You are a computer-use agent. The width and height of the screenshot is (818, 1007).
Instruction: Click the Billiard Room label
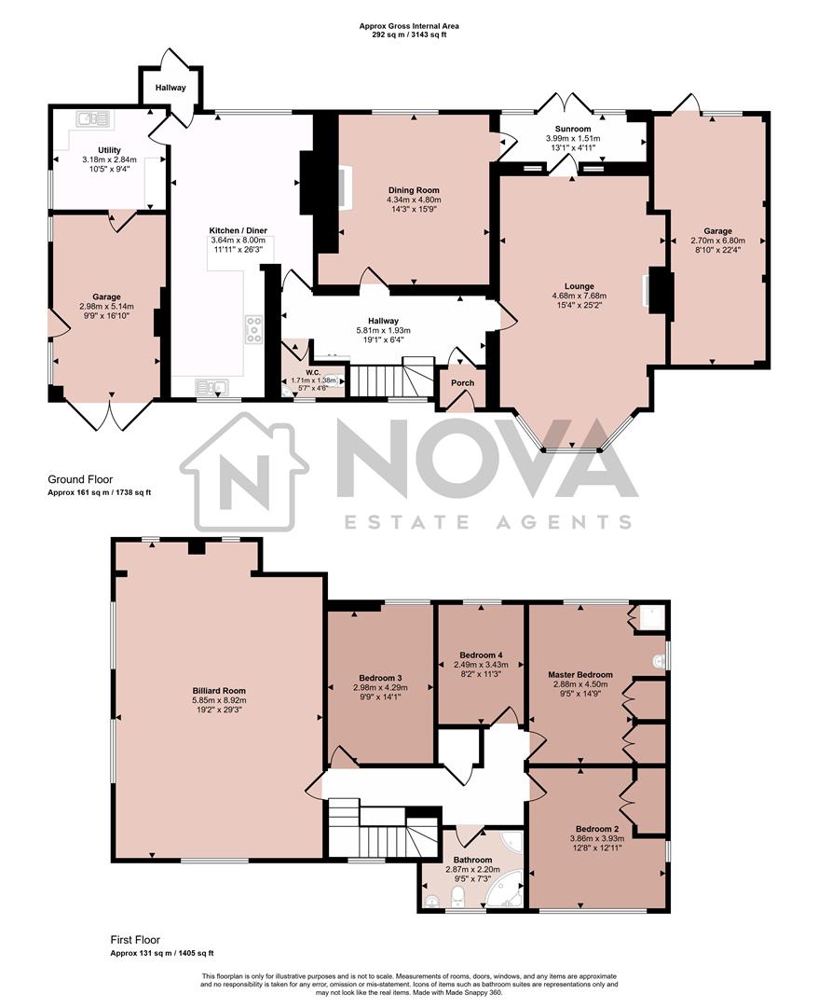click(220, 692)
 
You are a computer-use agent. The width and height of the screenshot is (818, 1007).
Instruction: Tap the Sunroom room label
click(573, 129)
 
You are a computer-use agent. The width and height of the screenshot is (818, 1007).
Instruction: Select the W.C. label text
click(313, 370)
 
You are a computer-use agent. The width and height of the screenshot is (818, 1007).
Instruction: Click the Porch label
click(462, 383)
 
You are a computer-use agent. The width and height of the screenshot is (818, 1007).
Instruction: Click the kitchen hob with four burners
click(253, 329)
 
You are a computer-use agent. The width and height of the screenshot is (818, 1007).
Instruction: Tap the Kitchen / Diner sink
click(212, 387)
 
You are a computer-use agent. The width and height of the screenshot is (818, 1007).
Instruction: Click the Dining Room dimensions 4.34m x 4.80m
click(414, 200)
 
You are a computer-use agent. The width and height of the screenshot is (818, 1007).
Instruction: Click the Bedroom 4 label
click(482, 654)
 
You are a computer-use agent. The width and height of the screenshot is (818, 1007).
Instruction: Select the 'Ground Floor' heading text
click(81, 479)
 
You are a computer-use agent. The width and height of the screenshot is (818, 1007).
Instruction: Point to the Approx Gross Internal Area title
click(409, 26)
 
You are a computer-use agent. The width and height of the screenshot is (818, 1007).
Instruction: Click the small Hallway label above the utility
click(170, 89)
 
